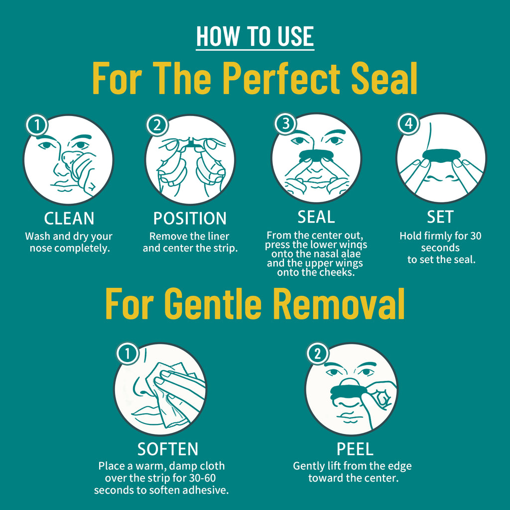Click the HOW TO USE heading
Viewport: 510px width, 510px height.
pos(255,37)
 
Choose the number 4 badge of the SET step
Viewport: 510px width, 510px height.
pos(408,125)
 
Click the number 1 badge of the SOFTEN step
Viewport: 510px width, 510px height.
pos(127,354)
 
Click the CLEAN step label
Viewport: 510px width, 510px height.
pos(69,219)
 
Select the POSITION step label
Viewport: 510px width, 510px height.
pos(190,219)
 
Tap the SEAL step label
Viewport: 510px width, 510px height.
pos(316,217)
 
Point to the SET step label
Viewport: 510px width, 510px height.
pos(440,217)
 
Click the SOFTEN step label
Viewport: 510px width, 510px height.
pos(168,449)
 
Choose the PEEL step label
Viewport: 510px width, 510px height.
pos(355,449)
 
